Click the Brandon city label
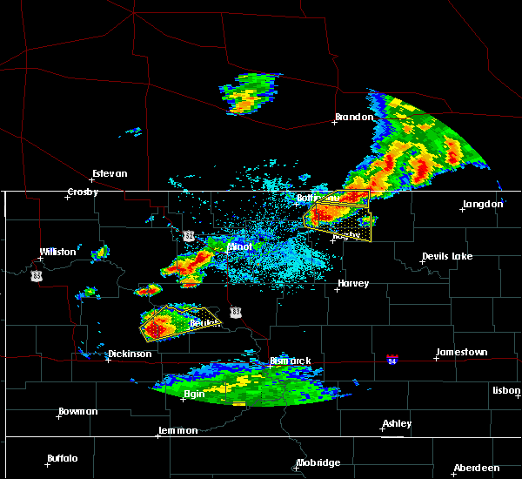(354, 117)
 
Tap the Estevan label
(110, 173)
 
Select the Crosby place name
(84, 192)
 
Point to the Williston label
(57, 252)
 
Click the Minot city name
(239, 246)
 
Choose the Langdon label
(483, 204)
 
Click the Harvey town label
(353, 283)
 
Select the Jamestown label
(461, 352)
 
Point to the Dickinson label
(130, 354)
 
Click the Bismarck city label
(289, 361)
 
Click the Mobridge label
(318, 462)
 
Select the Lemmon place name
(178, 430)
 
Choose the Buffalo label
(63, 458)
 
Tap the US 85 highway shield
(36, 275)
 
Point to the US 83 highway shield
(236, 311)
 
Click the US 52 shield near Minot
(189, 236)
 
